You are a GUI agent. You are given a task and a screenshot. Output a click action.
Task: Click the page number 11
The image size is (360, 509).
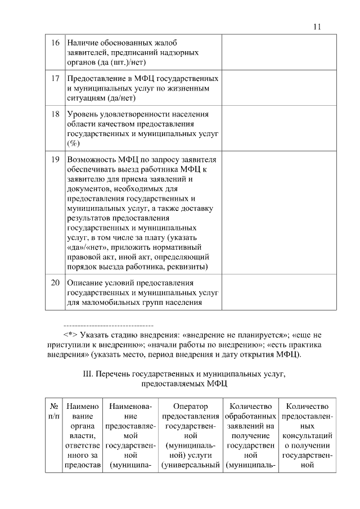coord(316,26)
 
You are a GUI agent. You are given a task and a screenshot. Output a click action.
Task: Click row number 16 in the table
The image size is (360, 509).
coord(56,43)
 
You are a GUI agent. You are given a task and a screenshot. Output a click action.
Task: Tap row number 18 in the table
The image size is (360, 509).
coord(56,114)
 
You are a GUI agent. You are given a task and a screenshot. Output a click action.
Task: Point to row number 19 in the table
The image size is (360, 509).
coord(56,159)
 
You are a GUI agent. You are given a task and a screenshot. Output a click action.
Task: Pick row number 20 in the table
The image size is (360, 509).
coord(56,282)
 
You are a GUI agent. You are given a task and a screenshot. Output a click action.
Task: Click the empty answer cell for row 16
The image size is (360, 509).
coord(279,52)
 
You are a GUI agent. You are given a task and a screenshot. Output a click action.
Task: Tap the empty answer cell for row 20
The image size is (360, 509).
coord(279,292)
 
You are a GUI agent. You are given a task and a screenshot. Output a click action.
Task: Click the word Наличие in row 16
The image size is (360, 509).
coord(82,43)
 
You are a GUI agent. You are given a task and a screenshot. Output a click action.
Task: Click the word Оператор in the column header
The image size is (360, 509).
coord(191,406)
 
